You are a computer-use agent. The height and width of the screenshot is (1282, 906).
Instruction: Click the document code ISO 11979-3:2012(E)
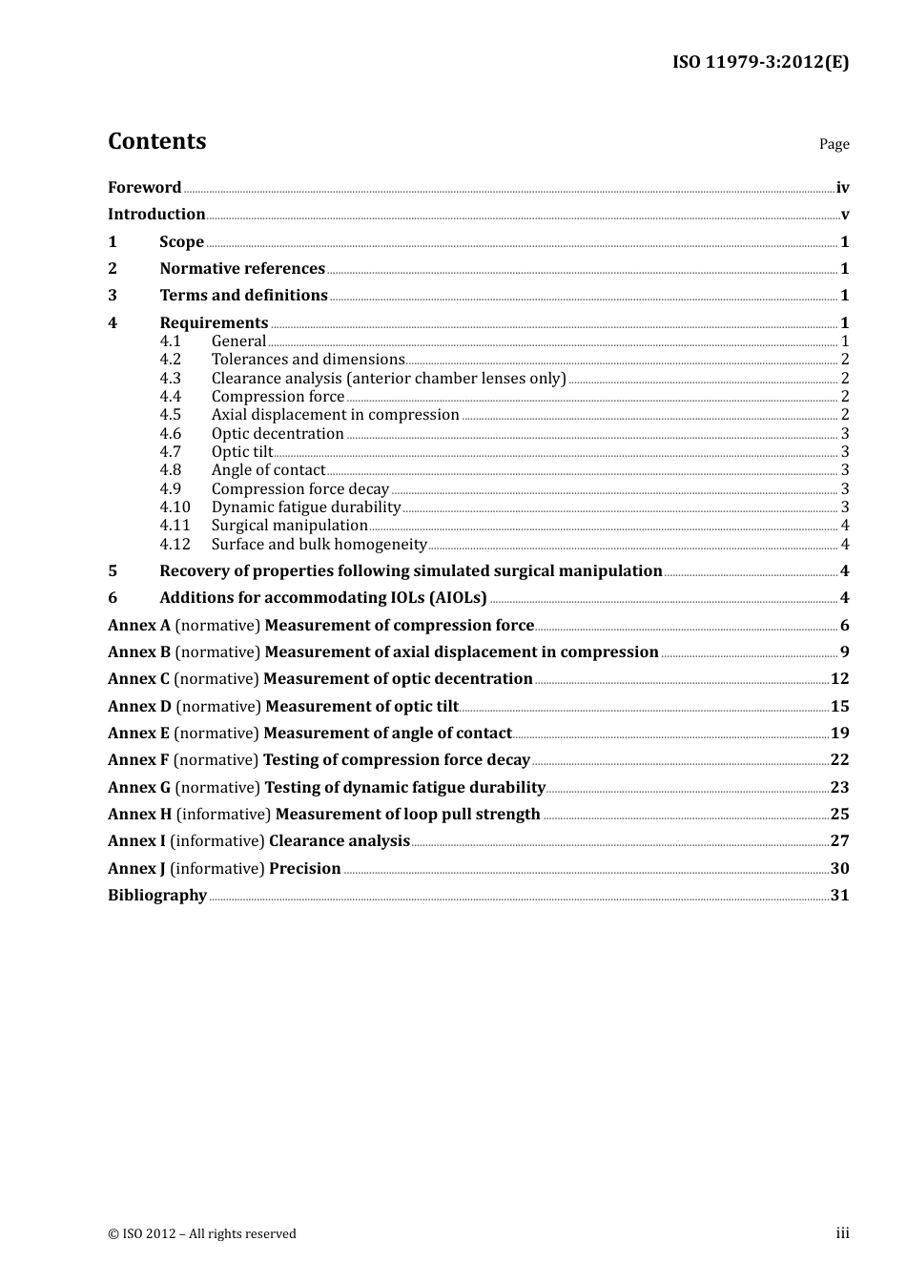tap(760, 62)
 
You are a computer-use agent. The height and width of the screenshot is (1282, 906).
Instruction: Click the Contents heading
tap(156, 141)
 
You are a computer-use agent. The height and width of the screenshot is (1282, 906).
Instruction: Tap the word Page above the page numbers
tap(834, 144)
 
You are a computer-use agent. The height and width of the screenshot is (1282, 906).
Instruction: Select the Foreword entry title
tap(144, 188)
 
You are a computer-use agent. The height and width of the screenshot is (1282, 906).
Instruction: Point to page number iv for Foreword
tap(842, 188)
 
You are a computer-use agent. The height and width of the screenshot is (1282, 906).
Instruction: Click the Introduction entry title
tap(156, 215)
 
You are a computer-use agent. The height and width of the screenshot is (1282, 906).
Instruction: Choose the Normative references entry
tap(242, 269)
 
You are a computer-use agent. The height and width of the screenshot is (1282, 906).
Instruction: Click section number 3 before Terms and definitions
tap(113, 296)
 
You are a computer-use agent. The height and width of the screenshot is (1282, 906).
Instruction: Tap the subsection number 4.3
tap(170, 379)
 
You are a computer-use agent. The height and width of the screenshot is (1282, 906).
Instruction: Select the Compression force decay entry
tap(299, 489)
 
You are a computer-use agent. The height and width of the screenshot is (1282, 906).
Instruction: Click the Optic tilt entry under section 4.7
tap(242, 452)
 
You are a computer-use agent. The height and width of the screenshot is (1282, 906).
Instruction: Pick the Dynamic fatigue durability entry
tap(305, 507)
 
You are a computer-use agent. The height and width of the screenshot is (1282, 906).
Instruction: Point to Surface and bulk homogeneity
tap(319, 545)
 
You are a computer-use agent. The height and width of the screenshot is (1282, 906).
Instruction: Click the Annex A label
tap(138, 626)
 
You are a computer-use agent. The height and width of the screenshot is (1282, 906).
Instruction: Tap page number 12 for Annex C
tap(839, 679)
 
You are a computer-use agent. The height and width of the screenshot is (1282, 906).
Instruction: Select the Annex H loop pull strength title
tap(407, 815)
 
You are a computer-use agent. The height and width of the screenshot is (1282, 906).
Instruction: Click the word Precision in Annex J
tap(304, 869)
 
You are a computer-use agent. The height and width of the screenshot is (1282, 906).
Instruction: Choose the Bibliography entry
tap(157, 896)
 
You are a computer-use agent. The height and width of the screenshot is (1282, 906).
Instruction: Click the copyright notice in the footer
tap(202, 1234)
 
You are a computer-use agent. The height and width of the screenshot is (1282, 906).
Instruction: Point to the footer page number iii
tap(842, 1233)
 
